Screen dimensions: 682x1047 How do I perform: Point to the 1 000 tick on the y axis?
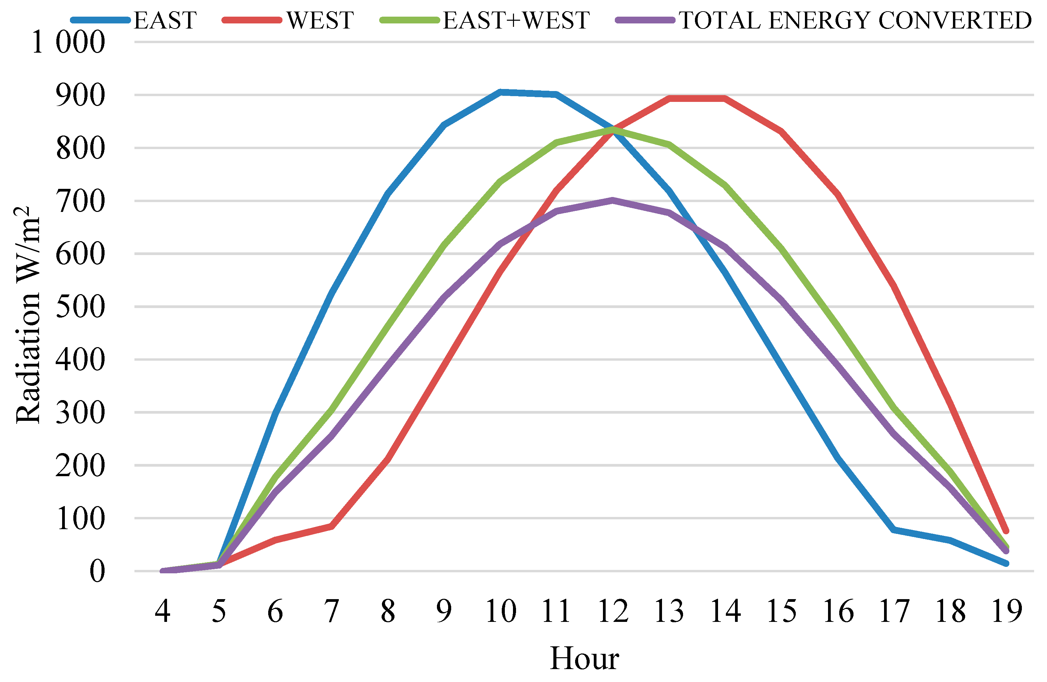69,43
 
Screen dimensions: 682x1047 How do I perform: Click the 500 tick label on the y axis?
80,307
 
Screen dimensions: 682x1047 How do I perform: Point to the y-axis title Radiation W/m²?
27,315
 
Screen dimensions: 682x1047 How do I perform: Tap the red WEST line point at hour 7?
332,526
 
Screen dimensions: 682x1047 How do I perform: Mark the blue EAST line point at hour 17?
894,530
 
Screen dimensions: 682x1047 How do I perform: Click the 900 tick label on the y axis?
80,95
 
